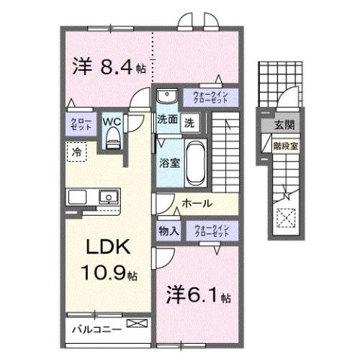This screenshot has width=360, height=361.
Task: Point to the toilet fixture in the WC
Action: tap(113, 136)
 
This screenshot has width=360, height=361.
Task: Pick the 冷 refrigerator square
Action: tap(77, 152)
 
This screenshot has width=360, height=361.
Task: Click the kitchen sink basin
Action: tap(109, 199)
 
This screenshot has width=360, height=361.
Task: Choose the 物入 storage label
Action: tap(168, 232)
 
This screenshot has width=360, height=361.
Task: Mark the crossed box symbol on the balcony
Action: tap(138, 324)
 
